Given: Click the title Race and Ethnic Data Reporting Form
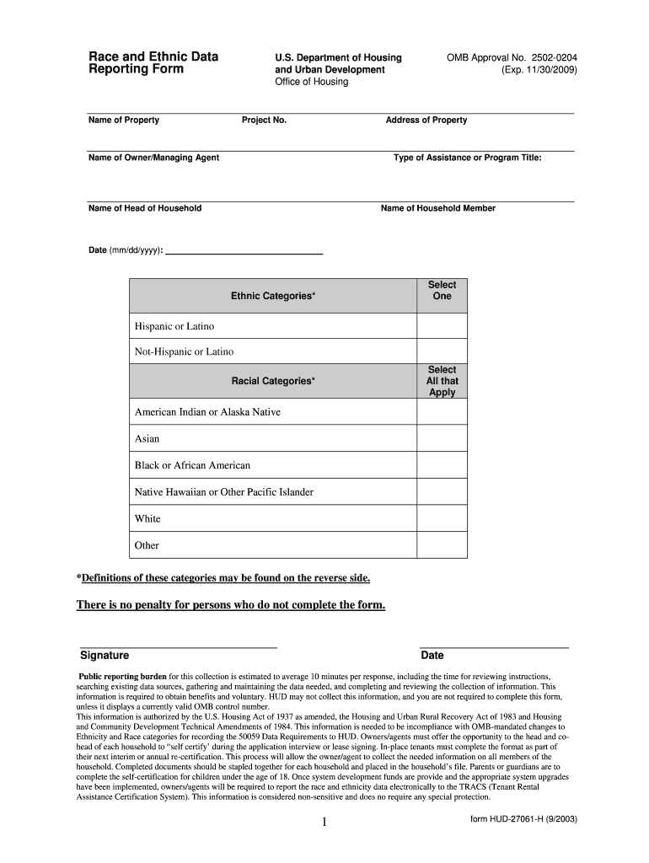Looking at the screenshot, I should (153, 63).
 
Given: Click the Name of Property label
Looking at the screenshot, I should (124, 121).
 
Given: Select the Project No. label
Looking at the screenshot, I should (264, 121).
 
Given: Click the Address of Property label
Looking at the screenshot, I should (426, 121).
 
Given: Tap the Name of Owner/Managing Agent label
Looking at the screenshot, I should (154, 158).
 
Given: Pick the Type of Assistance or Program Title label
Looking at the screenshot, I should (468, 158).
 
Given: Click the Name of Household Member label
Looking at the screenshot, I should (438, 208).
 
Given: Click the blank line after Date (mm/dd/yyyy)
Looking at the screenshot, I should (244, 249).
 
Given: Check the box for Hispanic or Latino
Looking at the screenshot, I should (442, 326).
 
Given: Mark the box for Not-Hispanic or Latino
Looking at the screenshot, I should (442, 351).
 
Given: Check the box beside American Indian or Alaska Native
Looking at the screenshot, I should (442, 412).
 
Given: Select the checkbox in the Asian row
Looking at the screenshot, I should (442, 438).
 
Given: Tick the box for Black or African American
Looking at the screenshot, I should (442, 465).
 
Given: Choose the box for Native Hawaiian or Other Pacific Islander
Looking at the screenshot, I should (442, 491).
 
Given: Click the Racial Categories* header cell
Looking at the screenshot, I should (273, 381).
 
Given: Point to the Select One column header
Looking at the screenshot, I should (442, 291).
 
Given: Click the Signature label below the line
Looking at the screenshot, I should (105, 656).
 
